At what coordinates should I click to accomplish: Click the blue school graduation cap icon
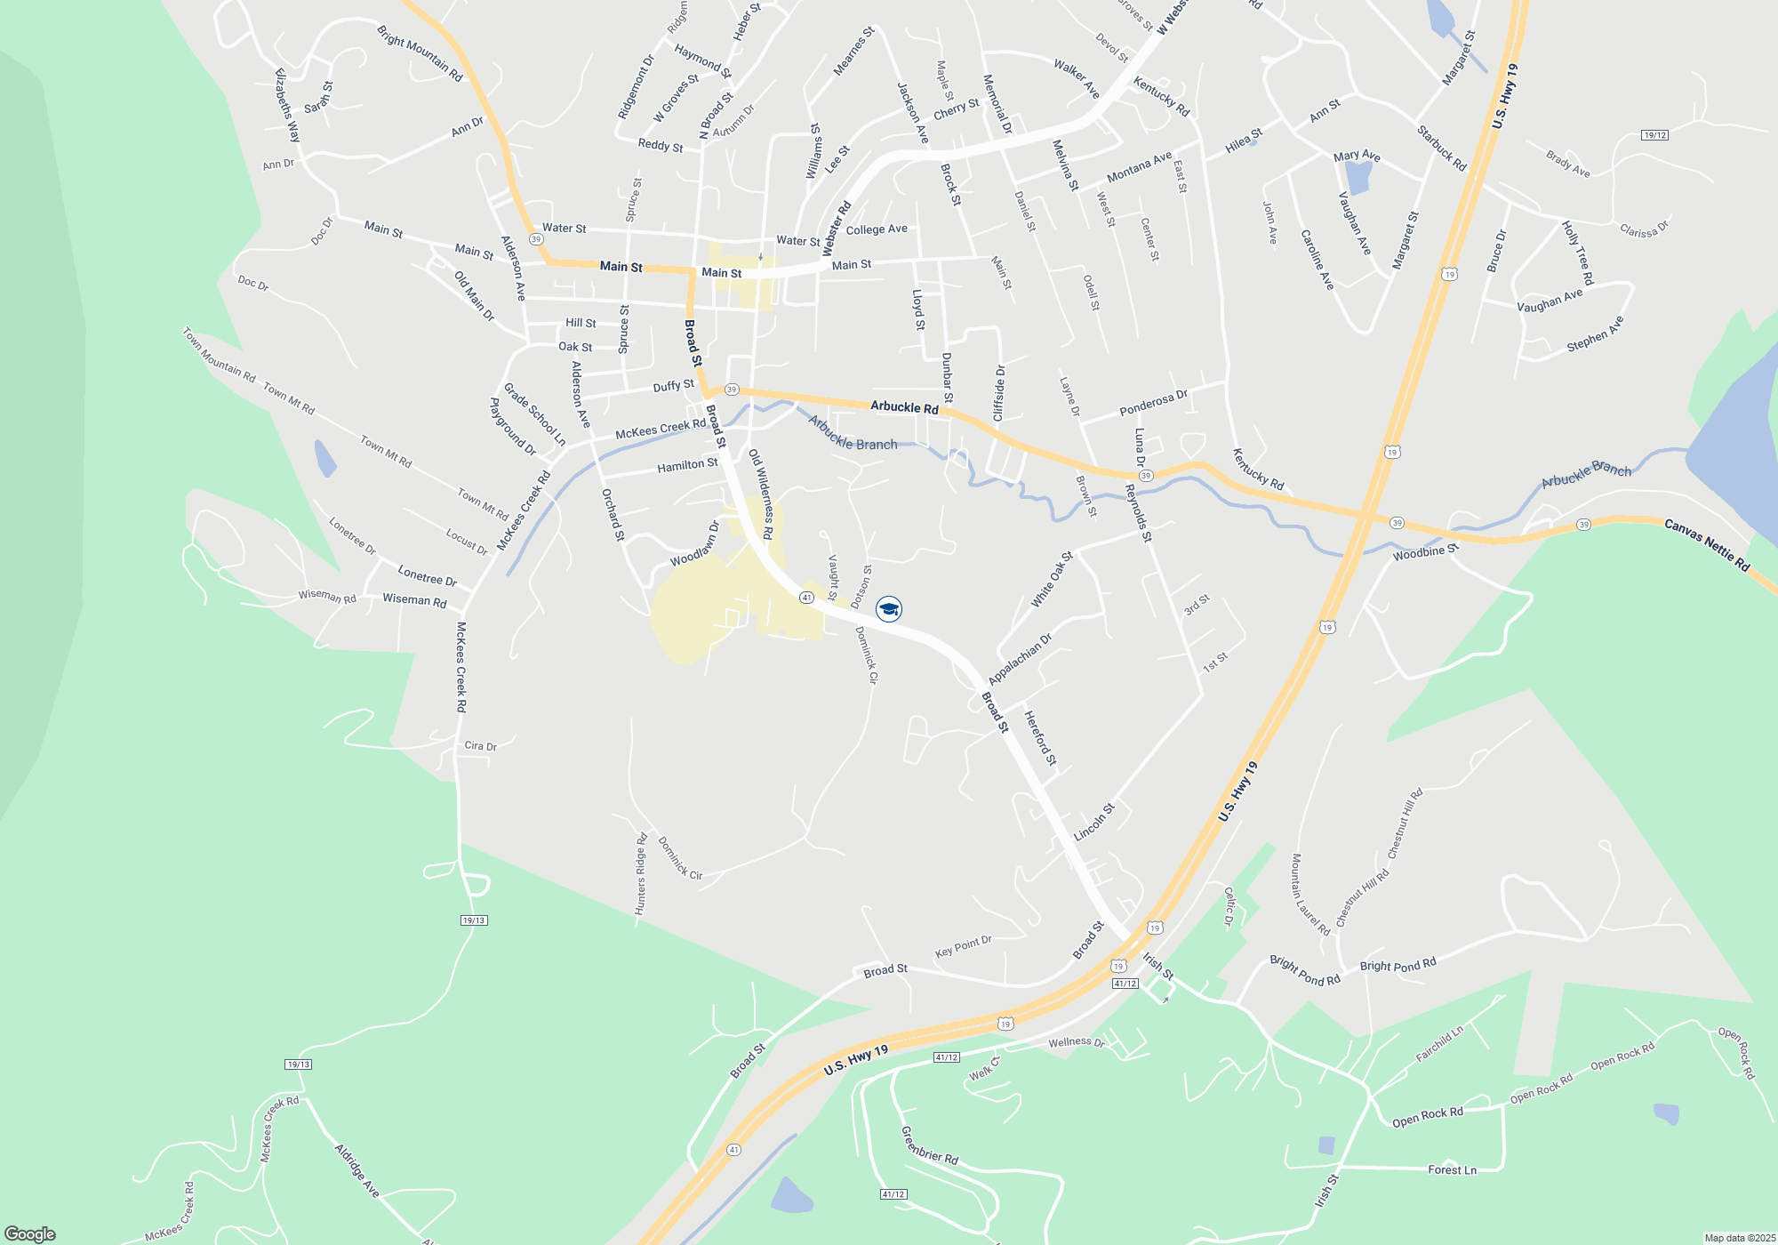click(x=889, y=609)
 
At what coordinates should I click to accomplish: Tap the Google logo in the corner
click(x=30, y=1233)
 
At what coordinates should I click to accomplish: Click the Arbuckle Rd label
click(x=904, y=407)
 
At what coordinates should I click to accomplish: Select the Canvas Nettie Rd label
click(x=1706, y=545)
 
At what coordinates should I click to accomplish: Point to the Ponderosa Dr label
click(x=1153, y=403)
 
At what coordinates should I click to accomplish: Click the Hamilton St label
click(x=687, y=465)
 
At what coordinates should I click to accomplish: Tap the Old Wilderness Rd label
click(x=761, y=494)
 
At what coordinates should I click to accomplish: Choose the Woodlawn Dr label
click(x=695, y=544)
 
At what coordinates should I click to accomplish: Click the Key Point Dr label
click(x=963, y=946)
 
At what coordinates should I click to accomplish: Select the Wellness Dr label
click(x=1076, y=1042)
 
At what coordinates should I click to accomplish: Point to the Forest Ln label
click(x=1452, y=1170)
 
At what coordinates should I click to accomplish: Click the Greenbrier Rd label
click(x=929, y=1145)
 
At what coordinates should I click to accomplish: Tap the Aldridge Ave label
click(x=357, y=1170)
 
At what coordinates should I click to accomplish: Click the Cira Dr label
click(x=480, y=746)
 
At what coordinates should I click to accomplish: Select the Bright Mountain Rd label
click(x=420, y=53)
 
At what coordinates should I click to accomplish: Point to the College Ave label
click(x=877, y=229)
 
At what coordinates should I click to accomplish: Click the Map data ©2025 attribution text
click(x=1740, y=1238)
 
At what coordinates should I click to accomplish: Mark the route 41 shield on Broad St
click(x=806, y=598)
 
